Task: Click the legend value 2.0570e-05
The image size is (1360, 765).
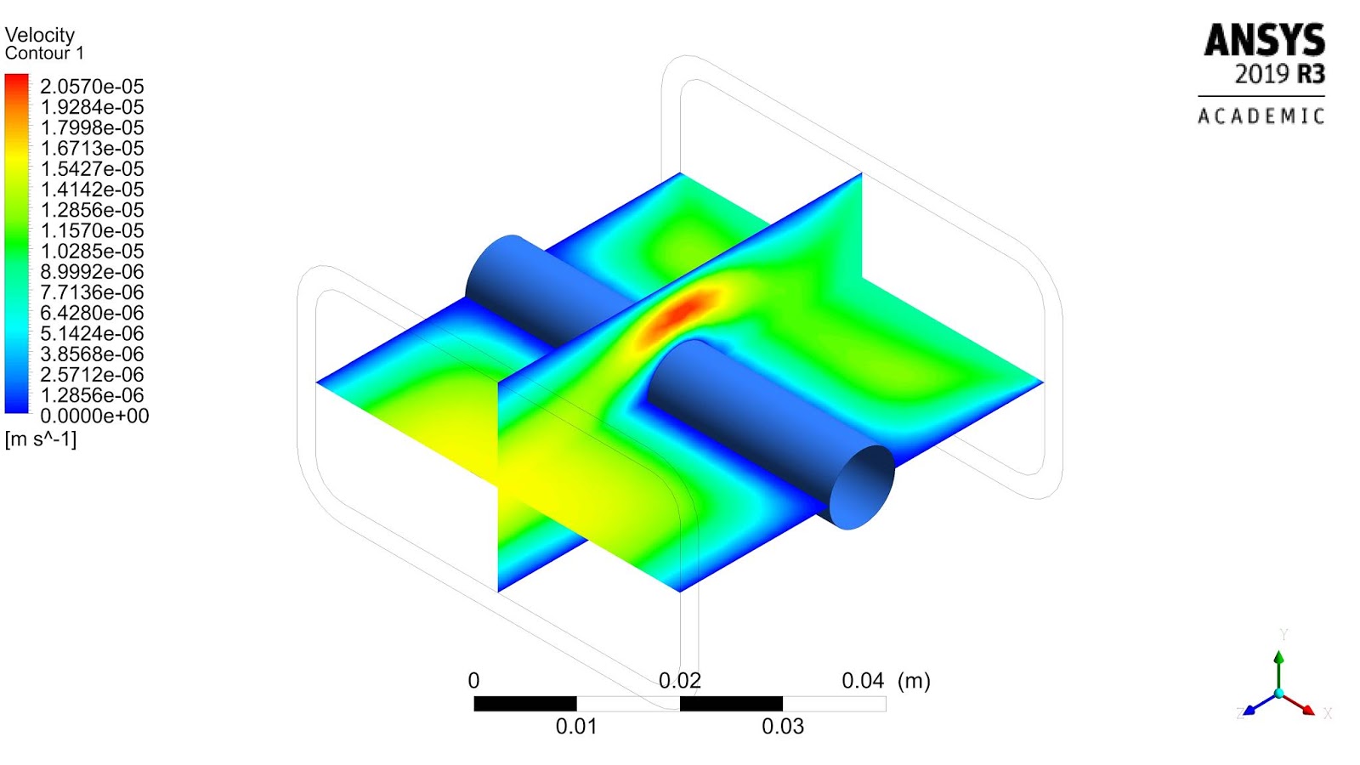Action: [x=92, y=87]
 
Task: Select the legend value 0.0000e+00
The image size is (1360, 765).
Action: [x=94, y=416]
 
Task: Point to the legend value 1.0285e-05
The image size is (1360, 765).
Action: [x=92, y=252]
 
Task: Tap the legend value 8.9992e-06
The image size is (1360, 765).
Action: [x=92, y=272]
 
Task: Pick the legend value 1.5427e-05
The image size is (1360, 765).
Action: [x=92, y=169]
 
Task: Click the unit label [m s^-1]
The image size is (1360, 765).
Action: [x=41, y=439]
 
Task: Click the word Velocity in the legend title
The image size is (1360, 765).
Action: [x=40, y=35]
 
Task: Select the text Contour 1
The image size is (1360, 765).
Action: [x=44, y=54]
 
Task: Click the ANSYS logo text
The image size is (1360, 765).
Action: [x=1264, y=41]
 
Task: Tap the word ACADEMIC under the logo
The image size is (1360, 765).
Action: [x=1261, y=116]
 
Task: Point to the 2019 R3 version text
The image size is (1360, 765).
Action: [x=1279, y=75]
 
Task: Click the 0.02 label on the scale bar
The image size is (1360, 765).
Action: [x=679, y=681]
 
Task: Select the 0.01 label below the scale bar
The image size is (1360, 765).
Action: [x=576, y=727]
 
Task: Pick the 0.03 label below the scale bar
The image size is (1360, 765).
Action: [x=783, y=727]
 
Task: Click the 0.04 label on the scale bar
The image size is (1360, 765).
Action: [x=863, y=681]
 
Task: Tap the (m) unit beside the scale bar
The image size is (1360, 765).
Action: [x=914, y=681]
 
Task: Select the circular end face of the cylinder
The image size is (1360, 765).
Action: [x=862, y=487]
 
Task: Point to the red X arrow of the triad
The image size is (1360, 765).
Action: [x=1301, y=705]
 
